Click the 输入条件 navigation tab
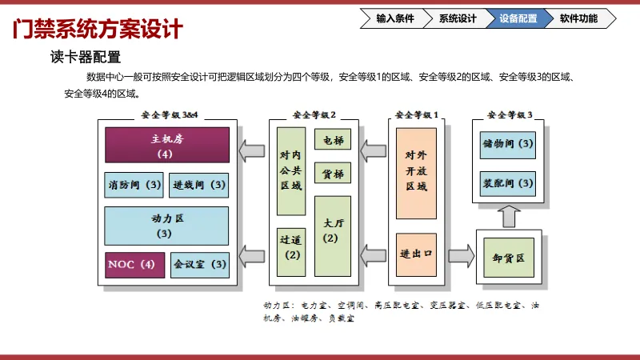point(395,18)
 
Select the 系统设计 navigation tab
point(457,18)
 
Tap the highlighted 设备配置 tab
point(518,18)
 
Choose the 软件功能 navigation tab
point(578,18)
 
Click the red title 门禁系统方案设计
point(98,30)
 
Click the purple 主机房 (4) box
point(167,145)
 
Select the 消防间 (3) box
point(134,185)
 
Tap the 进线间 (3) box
point(199,185)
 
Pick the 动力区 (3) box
point(167,225)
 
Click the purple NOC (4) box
point(134,264)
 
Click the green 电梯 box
point(333,139)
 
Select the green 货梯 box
point(333,172)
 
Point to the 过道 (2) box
point(290,246)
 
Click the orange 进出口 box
point(416,254)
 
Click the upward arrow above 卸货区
point(509,215)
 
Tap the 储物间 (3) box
point(509,144)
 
